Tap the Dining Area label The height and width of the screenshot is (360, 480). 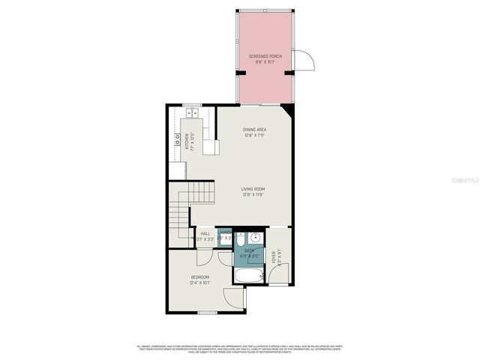pos(255,133)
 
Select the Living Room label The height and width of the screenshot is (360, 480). pos(253,192)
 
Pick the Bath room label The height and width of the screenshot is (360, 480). pos(249,253)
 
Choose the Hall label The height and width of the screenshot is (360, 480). pos(205,235)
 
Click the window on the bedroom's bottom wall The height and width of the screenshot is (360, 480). pos(208,313)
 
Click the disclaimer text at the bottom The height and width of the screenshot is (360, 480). pos(240,348)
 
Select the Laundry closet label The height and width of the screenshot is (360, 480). pos(223,235)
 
